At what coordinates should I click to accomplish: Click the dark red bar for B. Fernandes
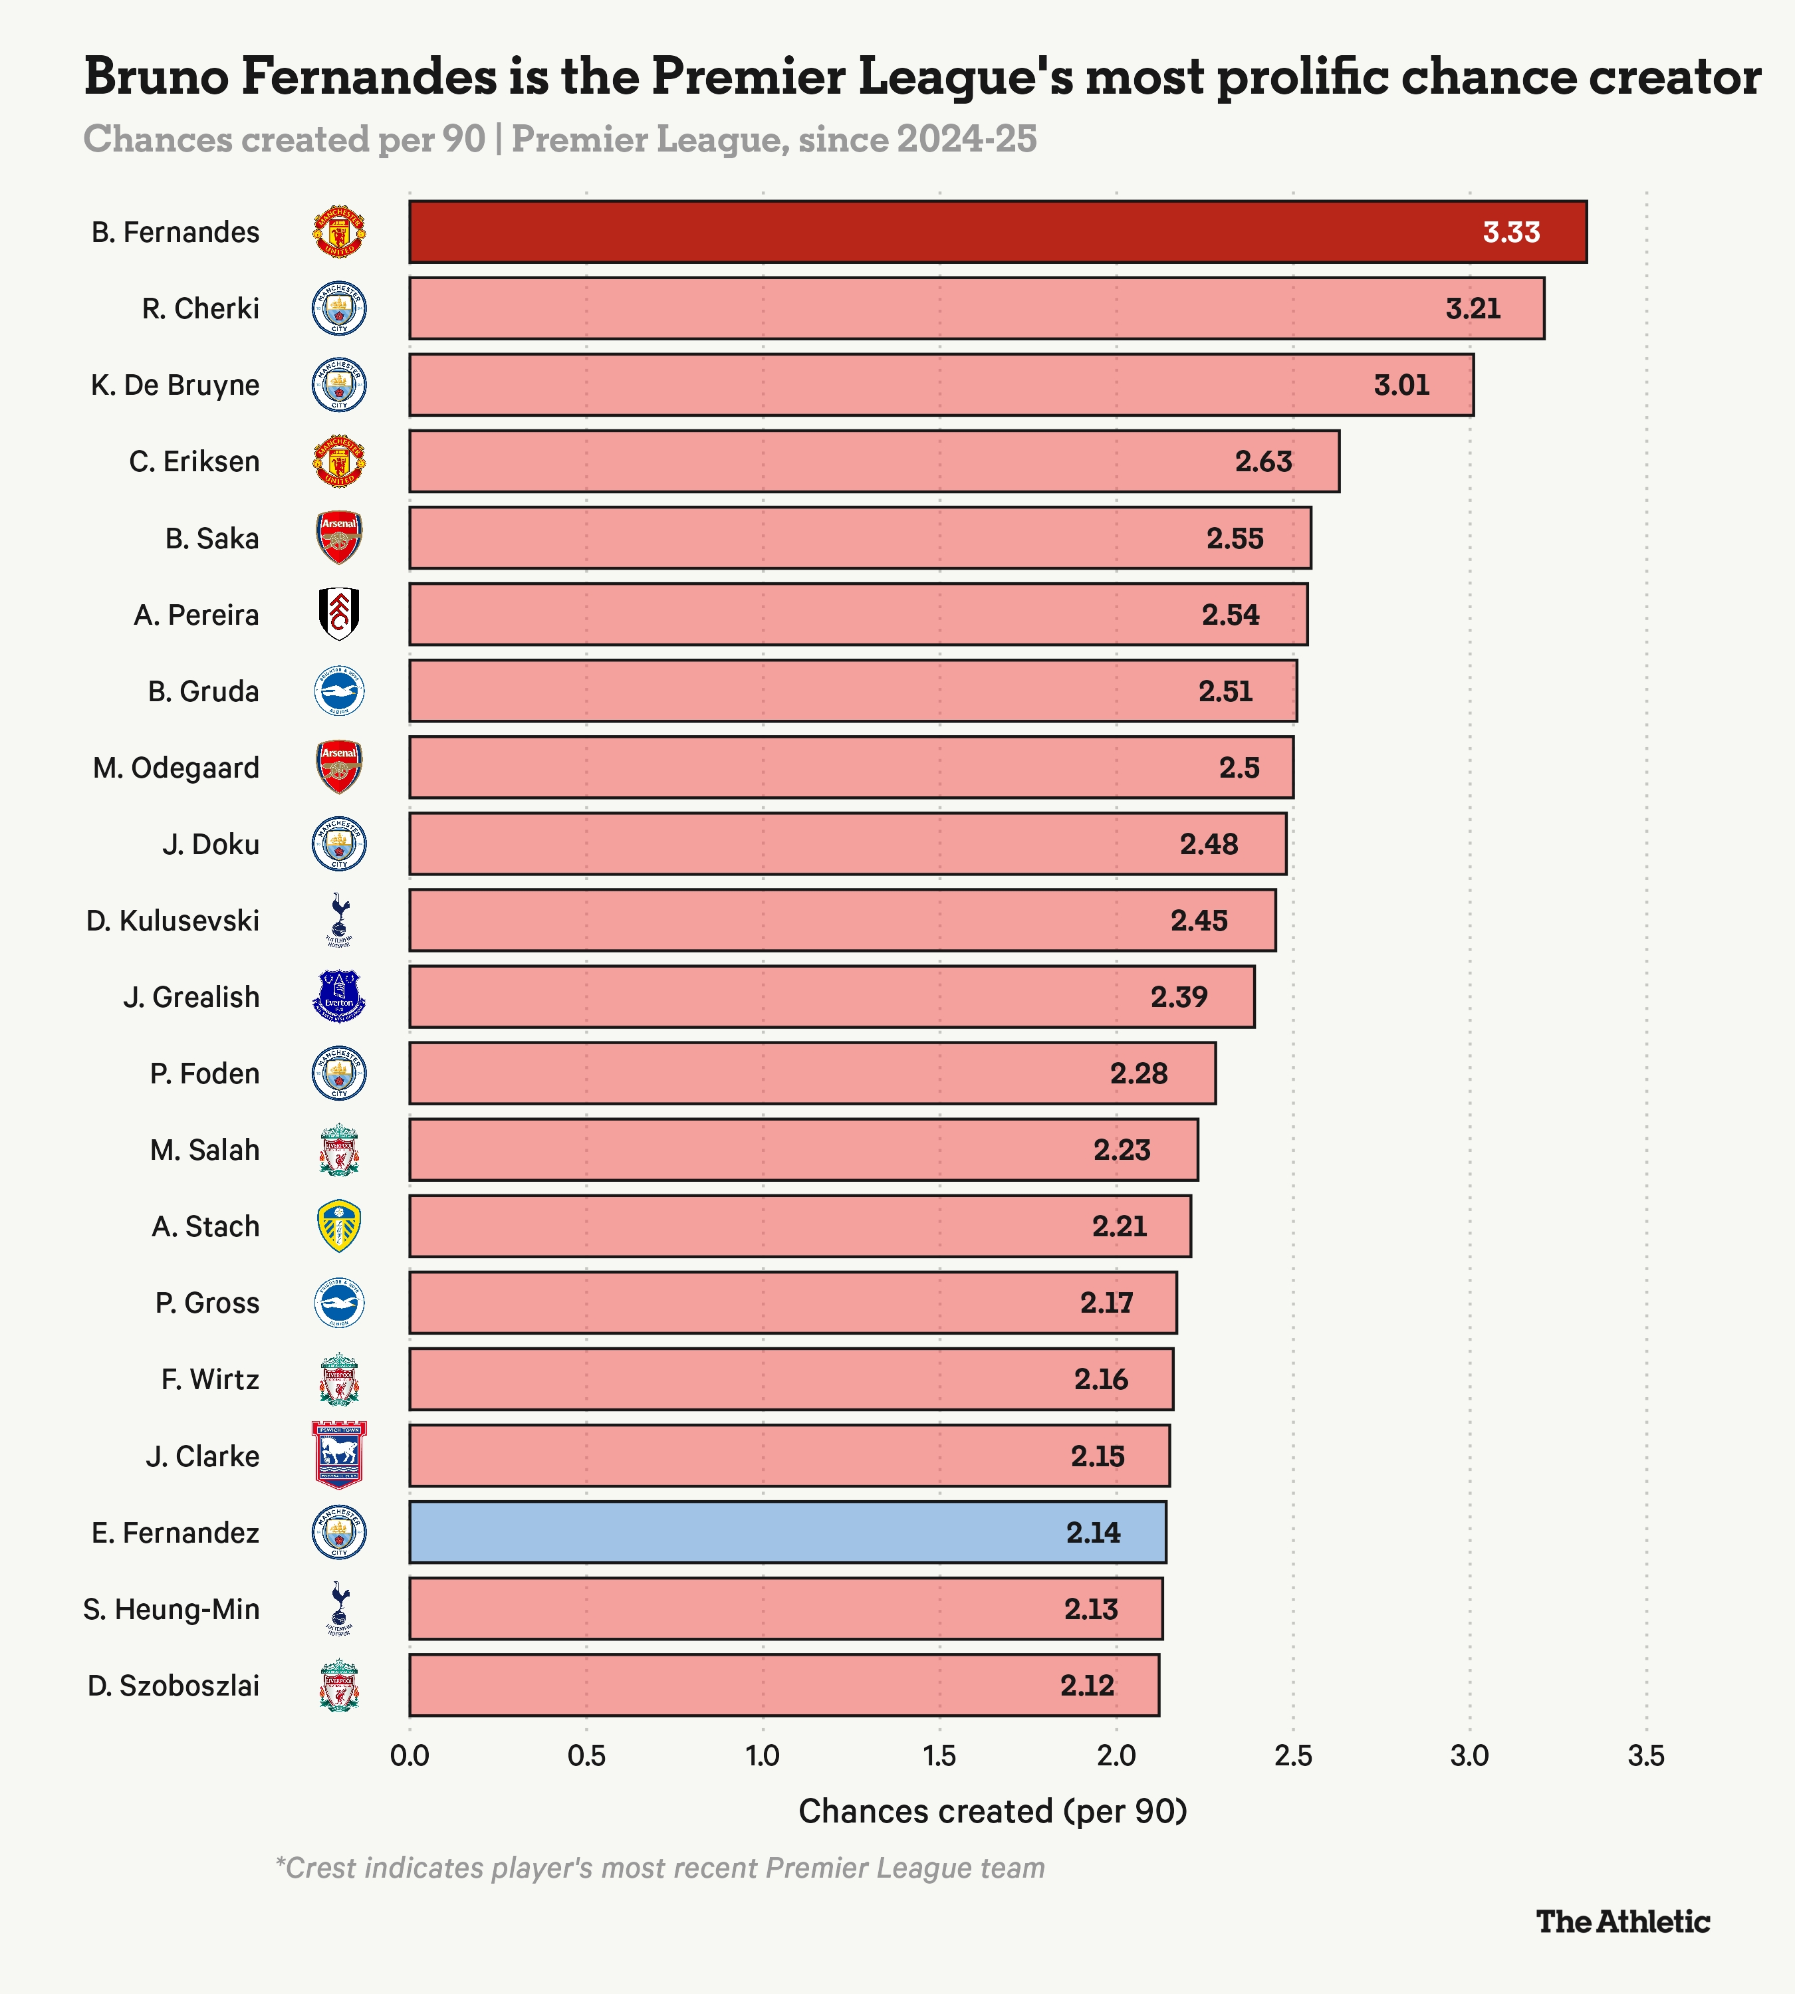[x=998, y=232]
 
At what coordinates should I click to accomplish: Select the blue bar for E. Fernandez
[x=788, y=1531]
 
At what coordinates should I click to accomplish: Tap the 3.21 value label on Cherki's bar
[x=1473, y=308]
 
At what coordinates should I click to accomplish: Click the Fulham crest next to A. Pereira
[x=339, y=614]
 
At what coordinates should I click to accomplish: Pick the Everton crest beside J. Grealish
[x=339, y=996]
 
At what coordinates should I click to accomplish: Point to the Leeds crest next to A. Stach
[x=339, y=1226]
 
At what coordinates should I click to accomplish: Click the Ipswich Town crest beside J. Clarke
[x=339, y=1454]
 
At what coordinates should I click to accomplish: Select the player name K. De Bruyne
[x=176, y=385]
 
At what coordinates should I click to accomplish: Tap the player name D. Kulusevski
[x=173, y=920]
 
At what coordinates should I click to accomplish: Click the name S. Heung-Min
[x=172, y=1608]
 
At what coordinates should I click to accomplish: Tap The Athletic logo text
[x=1622, y=1921]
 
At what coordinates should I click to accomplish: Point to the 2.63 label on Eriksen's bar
[x=1263, y=461]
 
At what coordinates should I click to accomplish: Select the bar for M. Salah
[x=804, y=1149]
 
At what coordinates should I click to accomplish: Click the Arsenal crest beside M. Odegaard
[x=339, y=767]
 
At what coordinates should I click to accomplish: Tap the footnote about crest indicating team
[x=659, y=1868]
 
